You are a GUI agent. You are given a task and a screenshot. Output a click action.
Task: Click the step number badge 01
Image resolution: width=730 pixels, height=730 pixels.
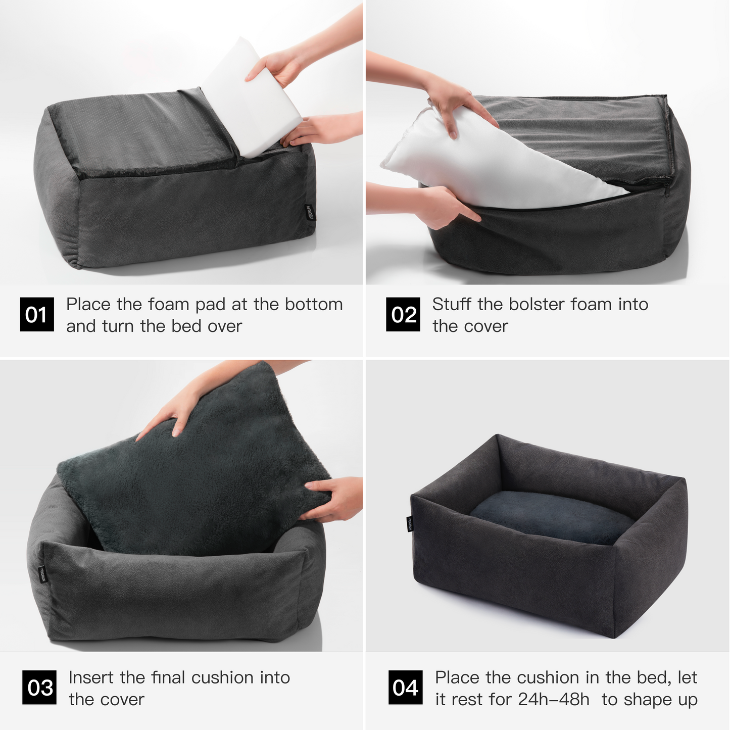pyautogui.click(x=37, y=315)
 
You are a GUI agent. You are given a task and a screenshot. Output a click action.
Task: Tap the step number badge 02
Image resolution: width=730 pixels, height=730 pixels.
pyautogui.click(x=403, y=315)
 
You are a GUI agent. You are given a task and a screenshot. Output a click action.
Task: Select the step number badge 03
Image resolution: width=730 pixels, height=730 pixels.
pyautogui.click(x=39, y=688)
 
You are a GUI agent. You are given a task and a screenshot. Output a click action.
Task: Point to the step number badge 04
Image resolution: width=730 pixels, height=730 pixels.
pyautogui.click(x=405, y=688)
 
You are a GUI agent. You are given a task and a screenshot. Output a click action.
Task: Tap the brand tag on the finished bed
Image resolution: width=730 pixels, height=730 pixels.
pyautogui.click(x=411, y=524)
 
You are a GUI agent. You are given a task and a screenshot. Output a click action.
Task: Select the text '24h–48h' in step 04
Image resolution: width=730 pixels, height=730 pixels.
pyautogui.click(x=554, y=699)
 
